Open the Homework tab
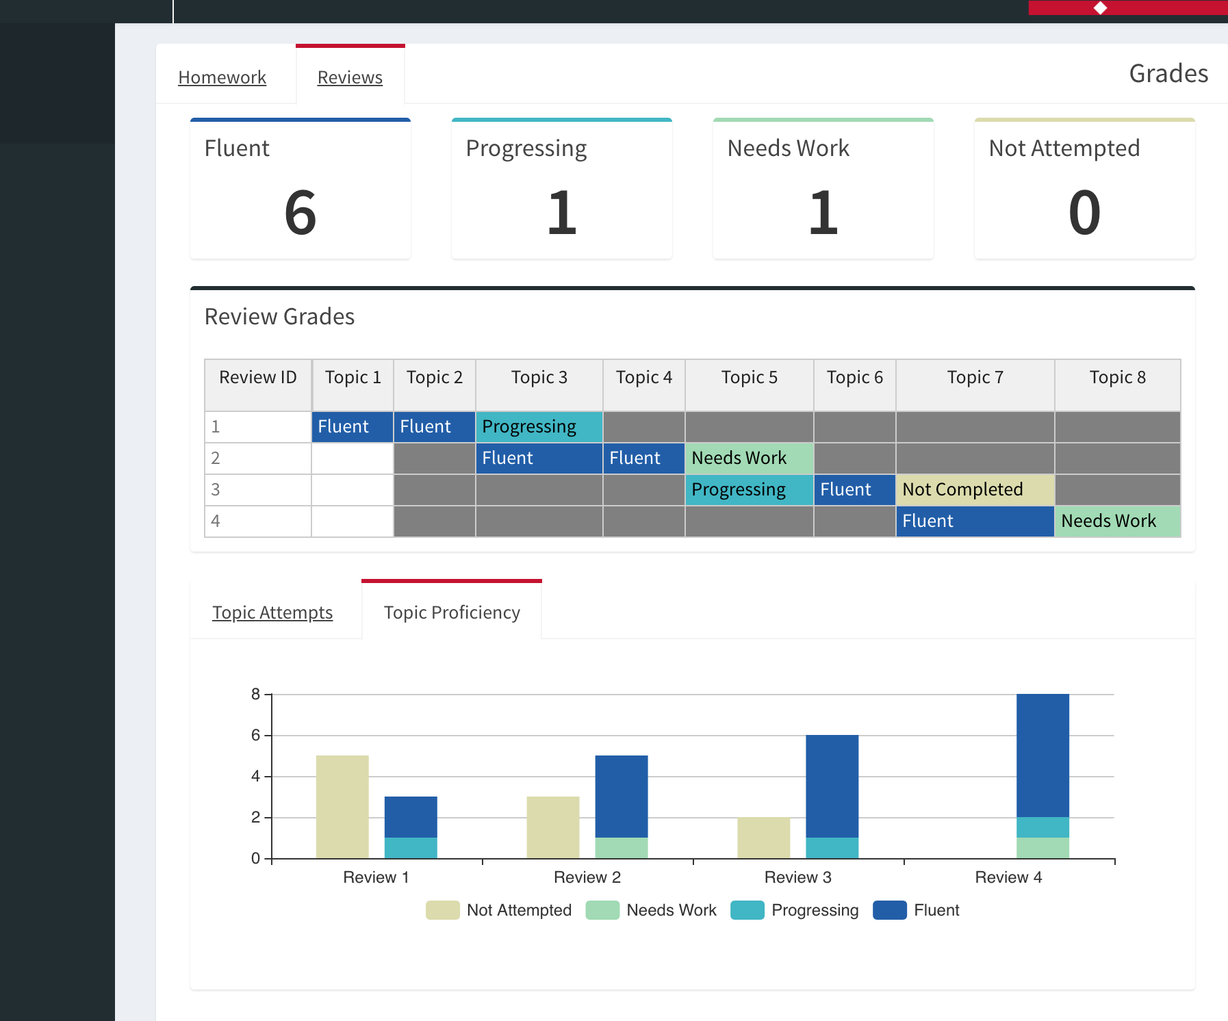pos(222,77)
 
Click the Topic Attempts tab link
pos(272,612)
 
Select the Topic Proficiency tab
pos(452,612)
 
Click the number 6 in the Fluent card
pos(300,213)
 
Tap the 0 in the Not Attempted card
pos(1084,213)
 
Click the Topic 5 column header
pos(749,378)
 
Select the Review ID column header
pos(257,378)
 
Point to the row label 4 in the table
pos(216,521)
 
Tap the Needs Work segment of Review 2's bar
pos(622,848)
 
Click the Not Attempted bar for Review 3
pos(763,838)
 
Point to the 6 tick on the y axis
pos(255,735)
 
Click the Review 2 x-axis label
pos(587,877)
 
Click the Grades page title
pos(1168,73)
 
